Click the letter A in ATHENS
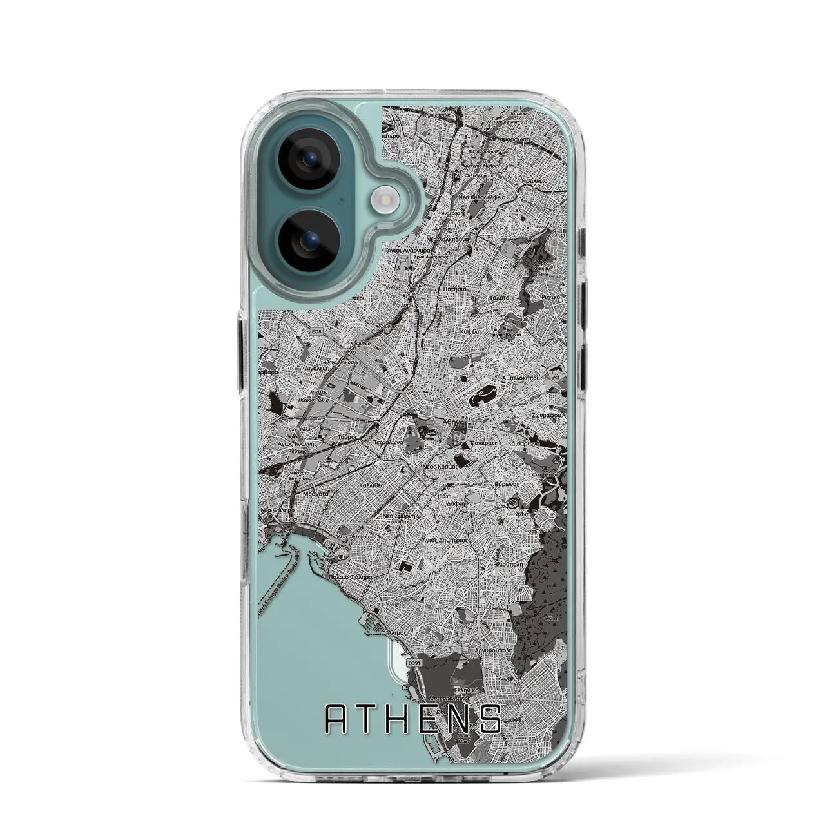(x=338, y=719)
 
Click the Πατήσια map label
(x=451, y=291)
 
